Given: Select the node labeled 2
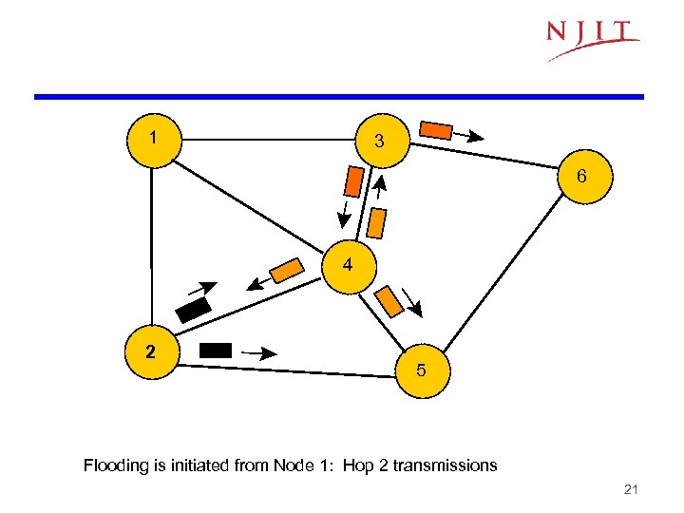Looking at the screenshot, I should pos(151,351).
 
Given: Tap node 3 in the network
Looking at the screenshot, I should pos(380,142).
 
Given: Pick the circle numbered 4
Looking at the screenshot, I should pos(349,265).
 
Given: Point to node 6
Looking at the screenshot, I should pos(580,178).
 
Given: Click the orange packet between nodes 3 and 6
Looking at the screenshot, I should pos(436,129).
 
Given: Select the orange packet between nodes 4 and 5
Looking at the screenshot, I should pos(389,301).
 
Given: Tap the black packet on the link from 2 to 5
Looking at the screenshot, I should pos(216,350).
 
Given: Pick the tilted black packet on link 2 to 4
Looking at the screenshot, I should pos(194,310).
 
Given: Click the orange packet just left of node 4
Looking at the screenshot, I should pos(285,271).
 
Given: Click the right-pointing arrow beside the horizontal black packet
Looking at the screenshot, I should pos(258,352).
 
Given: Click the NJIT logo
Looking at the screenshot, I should pos(592,38).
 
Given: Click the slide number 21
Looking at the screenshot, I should pos(630,489).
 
